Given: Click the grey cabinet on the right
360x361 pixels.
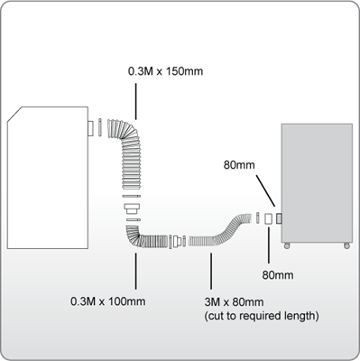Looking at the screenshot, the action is coord(316,180).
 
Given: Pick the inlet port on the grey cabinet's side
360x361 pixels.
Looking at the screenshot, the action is coord(281,218).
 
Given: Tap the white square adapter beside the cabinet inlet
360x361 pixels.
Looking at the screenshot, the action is coord(269,218).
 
